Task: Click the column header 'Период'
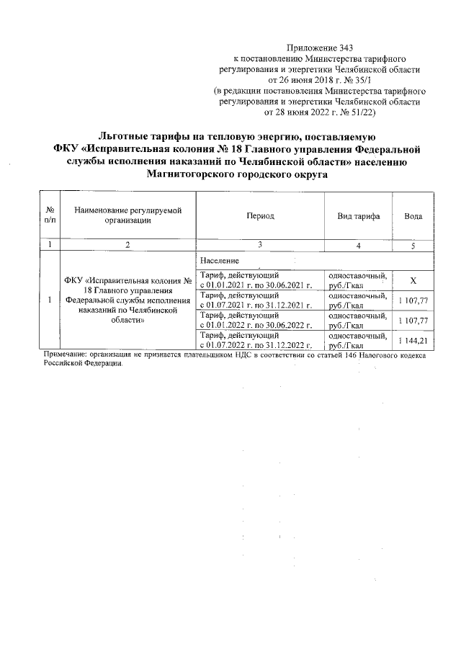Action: pyautogui.click(x=259, y=216)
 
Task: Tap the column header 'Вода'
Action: pyautogui.click(x=413, y=216)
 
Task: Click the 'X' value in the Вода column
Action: pyautogui.click(x=413, y=280)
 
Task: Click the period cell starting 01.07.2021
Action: pyautogui.click(x=259, y=300)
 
